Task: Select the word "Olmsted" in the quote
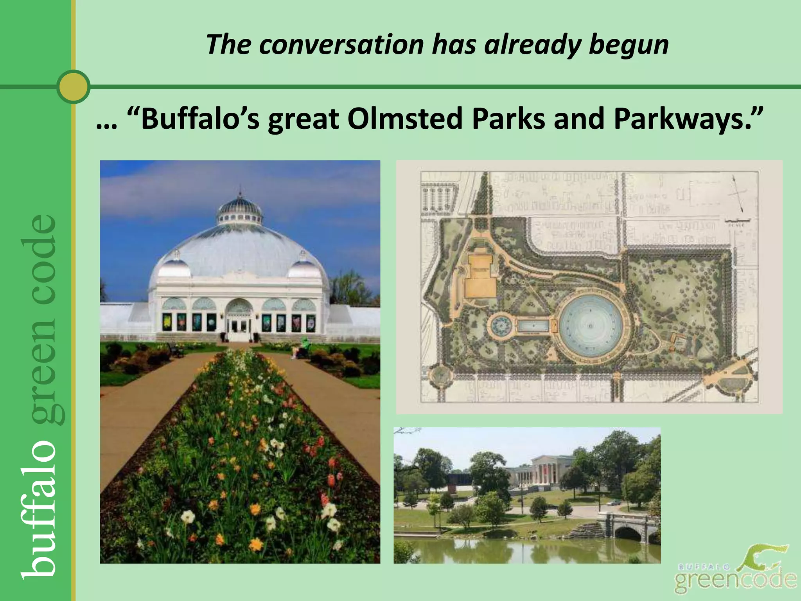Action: coord(405,119)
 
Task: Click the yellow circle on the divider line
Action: coord(73,86)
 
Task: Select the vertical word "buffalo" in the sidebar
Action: coord(39,509)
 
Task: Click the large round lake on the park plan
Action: coord(591,325)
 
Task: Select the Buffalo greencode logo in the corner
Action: coord(735,572)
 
